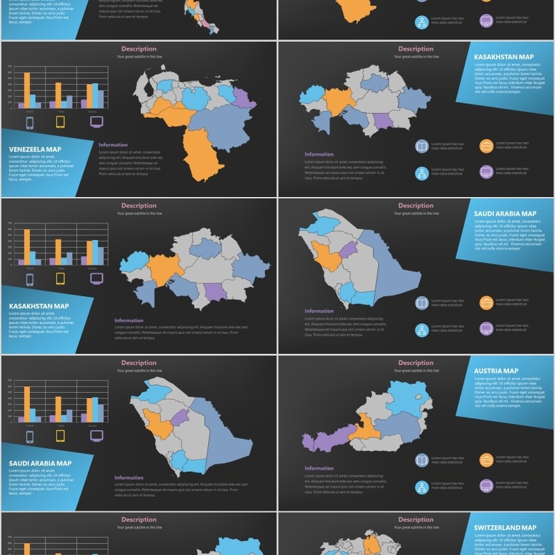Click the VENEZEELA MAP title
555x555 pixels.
[35, 149]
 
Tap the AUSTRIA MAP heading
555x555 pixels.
[496, 371]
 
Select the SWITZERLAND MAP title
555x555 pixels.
[505, 528]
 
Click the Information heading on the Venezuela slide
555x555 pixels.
[113, 145]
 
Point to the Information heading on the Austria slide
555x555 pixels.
[319, 468]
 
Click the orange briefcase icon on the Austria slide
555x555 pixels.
[486, 459]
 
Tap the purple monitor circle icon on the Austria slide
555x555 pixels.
[486, 486]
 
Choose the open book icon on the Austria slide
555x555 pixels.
[422, 459]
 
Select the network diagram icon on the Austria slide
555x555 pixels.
[422, 486]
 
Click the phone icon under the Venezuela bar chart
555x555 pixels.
[29, 123]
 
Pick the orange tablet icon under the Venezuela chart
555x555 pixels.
[60, 123]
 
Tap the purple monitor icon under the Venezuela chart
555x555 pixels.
[96, 122]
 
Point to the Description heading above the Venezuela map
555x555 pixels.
[139, 49]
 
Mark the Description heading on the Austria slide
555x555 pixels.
[416, 363]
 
